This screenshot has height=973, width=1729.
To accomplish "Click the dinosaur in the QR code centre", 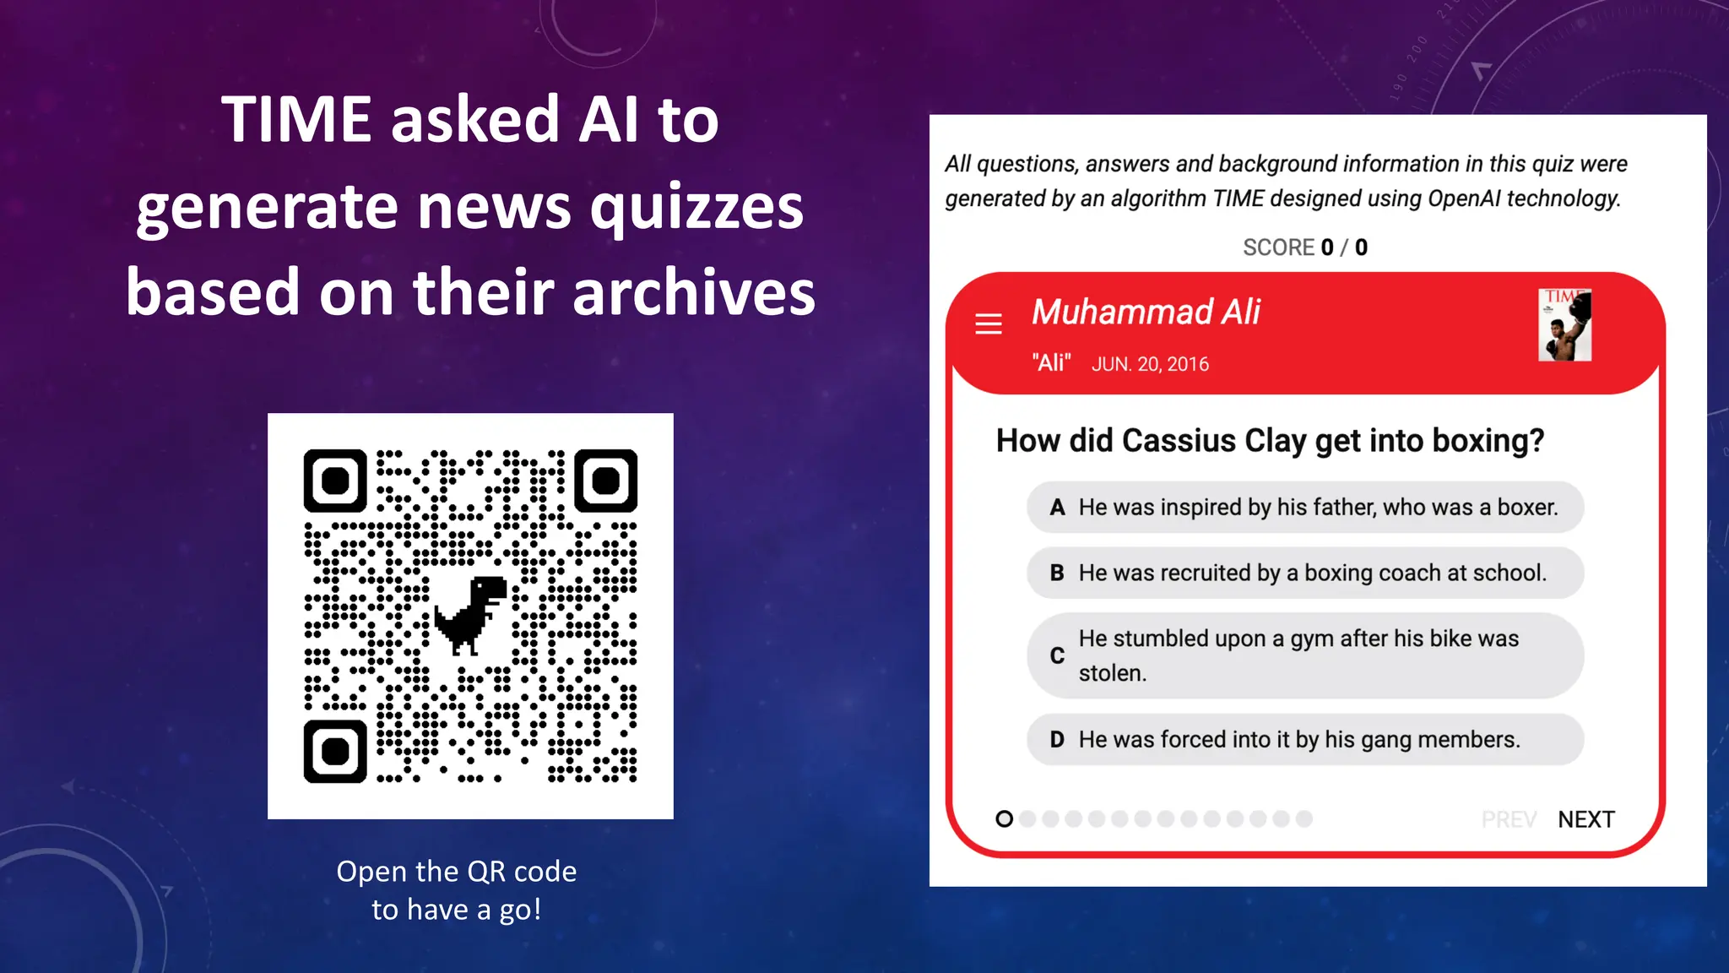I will (x=471, y=614).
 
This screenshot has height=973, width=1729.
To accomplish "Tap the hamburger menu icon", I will (x=989, y=323).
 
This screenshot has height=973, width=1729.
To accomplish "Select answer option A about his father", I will (x=1304, y=507).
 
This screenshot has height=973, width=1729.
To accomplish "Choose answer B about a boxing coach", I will (x=1304, y=573).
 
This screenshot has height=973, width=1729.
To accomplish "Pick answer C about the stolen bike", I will (x=1304, y=655).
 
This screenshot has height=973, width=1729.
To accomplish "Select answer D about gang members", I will (x=1304, y=739).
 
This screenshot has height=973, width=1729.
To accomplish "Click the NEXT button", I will (x=1585, y=819).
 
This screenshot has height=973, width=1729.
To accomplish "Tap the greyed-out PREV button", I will (x=1509, y=819).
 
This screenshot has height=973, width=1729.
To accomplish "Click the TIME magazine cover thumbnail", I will (x=1564, y=325).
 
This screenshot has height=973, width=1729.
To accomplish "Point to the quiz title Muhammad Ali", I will (x=1146, y=313).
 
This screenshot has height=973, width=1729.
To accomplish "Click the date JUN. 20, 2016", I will (x=1150, y=364).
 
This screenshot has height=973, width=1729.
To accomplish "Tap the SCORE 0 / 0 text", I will (x=1304, y=247).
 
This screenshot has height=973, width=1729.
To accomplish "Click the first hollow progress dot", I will (x=1004, y=818).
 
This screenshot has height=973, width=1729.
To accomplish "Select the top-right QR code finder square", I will (x=605, y=481).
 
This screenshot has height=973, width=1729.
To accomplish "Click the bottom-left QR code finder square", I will (x=335, y=751).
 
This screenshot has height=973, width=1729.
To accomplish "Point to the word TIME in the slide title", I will (x=296, y=119).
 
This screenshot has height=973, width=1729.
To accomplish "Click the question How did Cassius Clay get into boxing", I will (x=1270, y=441).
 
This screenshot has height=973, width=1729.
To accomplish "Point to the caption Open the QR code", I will (x=456, y=871).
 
